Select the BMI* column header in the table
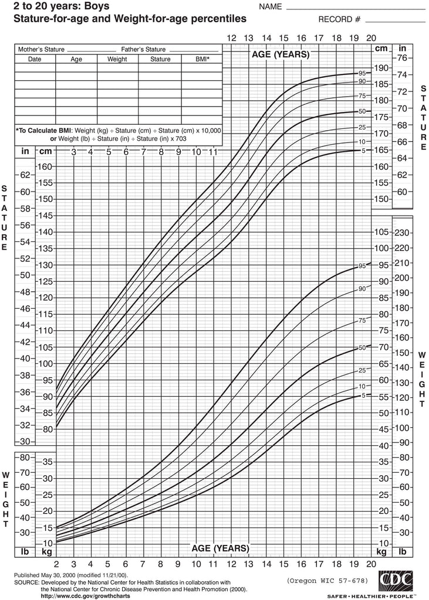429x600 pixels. pos(202,59)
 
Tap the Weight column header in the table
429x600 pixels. pos(117,59)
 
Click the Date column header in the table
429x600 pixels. pos(35,59)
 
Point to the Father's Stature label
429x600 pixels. pos(143,49)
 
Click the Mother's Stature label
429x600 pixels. pos(41,49)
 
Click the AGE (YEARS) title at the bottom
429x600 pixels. pos(221,548)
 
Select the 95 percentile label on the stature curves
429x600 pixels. pos(362,73)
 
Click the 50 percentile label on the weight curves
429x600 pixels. pos(362,347)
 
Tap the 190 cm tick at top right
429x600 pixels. pos(381,67)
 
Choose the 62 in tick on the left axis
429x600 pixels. pos(25,175)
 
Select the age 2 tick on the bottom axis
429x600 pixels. pos(56,564)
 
